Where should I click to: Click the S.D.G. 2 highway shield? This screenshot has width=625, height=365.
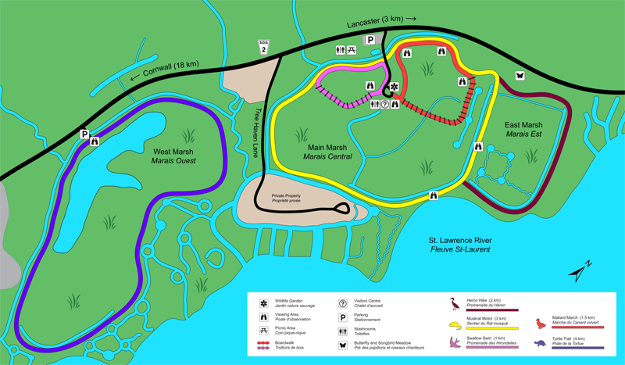coord(263,48)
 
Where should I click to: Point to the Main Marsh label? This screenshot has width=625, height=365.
coord(327,152)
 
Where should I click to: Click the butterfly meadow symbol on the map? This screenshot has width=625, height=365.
coord(519,77)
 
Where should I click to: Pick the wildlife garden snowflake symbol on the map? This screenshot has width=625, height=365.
coord(394,86)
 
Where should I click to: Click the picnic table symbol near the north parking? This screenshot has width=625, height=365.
coord(352,50)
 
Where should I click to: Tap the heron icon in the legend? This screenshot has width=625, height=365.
coord(453,301)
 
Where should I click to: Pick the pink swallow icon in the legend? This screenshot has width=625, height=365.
coord(453,342)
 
